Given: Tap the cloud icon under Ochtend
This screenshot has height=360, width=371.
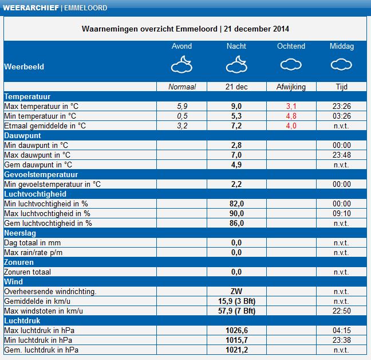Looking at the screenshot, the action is (x=291, y=64).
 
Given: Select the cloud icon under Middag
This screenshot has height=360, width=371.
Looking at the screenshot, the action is (x=341, y=64).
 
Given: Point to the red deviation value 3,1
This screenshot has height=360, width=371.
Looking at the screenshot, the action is (x=291, y=107).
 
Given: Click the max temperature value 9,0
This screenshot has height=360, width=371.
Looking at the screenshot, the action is (x=236, y=107).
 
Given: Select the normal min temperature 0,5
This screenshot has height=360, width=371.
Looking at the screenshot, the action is (x=182, y=116).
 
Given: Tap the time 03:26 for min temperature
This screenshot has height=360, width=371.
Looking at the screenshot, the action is (x=341, y=116).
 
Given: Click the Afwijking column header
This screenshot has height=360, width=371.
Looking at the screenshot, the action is (x=291, y=87).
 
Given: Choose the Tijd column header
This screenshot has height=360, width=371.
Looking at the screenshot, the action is (x=341, y=87).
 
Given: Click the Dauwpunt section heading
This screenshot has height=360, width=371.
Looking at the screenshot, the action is (x=22, y=135).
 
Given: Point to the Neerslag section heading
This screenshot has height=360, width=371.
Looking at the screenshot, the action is (x=20, y=233).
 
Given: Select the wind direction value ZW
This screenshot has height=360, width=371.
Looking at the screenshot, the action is (x=236, y=291).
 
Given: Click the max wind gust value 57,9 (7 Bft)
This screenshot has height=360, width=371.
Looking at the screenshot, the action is (x=236, y=311).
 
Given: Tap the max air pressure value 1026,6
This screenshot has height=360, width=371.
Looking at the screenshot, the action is (x=236, y=330).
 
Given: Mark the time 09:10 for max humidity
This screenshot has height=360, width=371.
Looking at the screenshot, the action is (x=341, y=213).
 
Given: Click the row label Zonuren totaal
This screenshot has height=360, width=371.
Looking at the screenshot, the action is (x=27, y=272).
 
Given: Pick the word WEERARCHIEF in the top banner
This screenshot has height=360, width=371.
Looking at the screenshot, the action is (x=31, y=8).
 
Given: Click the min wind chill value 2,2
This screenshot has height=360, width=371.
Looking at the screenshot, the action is (x=236, y=184).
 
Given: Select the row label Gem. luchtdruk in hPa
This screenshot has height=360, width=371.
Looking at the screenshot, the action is (x=41, y=350).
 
